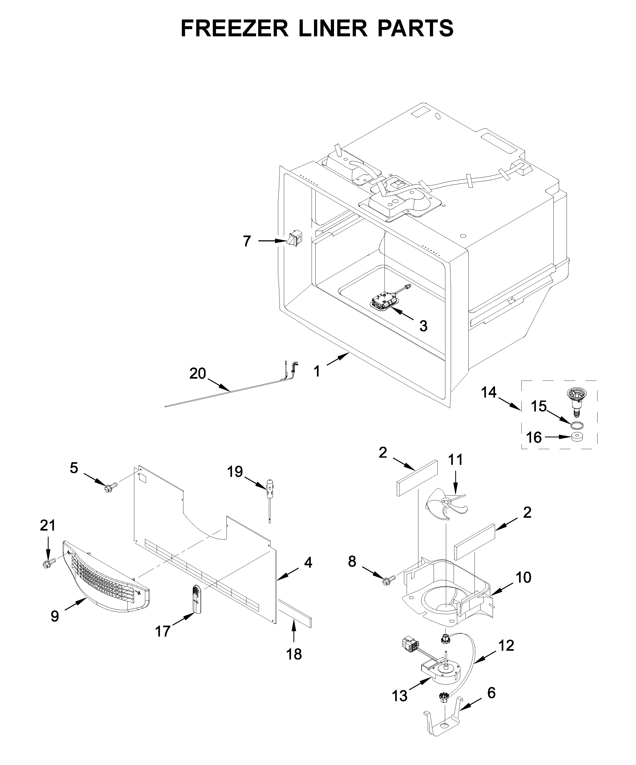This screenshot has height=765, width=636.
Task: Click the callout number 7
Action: click(x=247, y=241)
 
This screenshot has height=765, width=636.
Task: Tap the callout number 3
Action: click(x=423, y=326)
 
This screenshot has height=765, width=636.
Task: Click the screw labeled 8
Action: click(x=388, y=580)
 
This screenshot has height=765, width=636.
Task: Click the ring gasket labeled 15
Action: click(x=576, y=424)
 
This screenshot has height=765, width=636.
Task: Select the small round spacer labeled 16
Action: click(x=576, y=437)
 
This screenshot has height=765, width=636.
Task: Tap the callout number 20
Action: click(x=197, y=373)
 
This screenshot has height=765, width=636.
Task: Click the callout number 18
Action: click(x=294, y=654)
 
